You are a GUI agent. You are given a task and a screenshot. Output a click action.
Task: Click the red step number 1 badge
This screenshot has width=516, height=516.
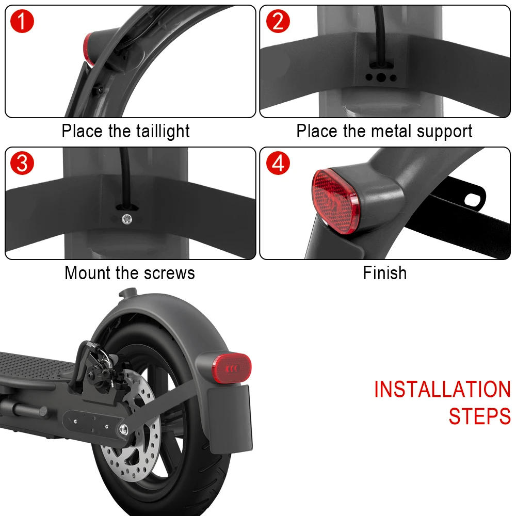click(x=21, y=22)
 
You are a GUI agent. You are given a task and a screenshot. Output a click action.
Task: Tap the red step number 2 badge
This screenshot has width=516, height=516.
click(x=278, y=22)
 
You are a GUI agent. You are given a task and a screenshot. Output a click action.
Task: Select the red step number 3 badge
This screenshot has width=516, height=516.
click(x=21, y=164)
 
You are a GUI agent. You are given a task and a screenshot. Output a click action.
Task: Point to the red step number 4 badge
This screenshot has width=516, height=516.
click(x=278, y=164)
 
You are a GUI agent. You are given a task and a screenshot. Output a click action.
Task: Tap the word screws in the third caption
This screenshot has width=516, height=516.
click(x=170, y=272)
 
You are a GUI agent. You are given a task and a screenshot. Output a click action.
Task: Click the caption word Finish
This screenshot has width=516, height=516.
click(x=384, y=272)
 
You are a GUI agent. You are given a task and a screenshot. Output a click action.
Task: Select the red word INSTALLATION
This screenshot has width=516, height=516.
click(x=442, y=390)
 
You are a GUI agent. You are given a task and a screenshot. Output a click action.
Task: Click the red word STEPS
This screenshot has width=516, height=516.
click(x=479, y=416)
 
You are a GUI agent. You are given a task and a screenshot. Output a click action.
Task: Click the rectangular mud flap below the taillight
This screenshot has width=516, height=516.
click(x=230, y=418)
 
